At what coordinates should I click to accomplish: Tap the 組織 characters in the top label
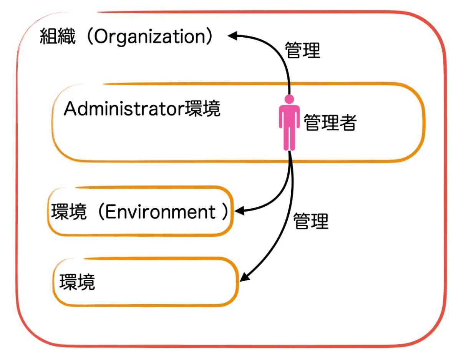point(58,38)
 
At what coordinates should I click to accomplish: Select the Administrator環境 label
point(142,109)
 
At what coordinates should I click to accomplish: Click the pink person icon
point(289,123)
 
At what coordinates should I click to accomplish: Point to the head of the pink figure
point(289,99)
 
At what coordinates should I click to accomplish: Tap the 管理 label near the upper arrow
point(302,50)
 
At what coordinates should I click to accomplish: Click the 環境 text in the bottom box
point(77,283)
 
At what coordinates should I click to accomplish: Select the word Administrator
point(124,109)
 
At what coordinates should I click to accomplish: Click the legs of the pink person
point(289,138)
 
